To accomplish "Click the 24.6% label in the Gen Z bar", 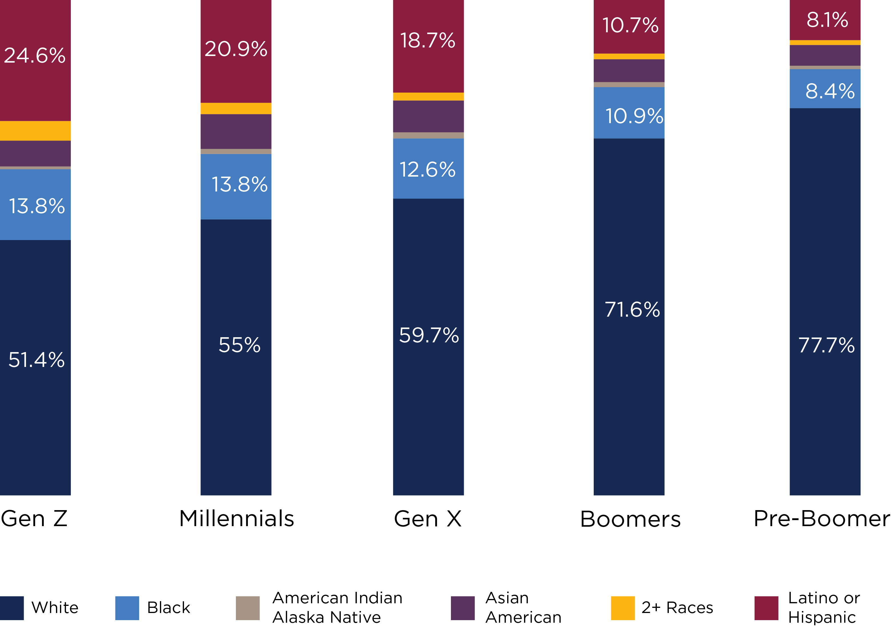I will [x=35, y=55].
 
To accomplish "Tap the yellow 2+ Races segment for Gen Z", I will [x=35, y=131].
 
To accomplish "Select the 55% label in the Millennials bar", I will [x=239, y=345].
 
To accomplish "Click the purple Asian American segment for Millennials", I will [x=236, y=131].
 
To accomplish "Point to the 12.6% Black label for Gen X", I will [x=428, y=170].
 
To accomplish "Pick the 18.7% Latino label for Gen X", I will [x=428, y=40].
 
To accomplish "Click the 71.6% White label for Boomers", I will [x=632, y=310].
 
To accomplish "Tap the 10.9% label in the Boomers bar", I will [x=634, y=116].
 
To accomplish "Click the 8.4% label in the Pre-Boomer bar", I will [x=830, y=91].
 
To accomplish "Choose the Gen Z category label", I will [x=34, y=519].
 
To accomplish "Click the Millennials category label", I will [x=237, y=519].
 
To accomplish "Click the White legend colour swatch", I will [x=12, y=608].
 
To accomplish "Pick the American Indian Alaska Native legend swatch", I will [x=248, y=608].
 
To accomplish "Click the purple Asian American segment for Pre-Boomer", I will [x=825, y=55].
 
